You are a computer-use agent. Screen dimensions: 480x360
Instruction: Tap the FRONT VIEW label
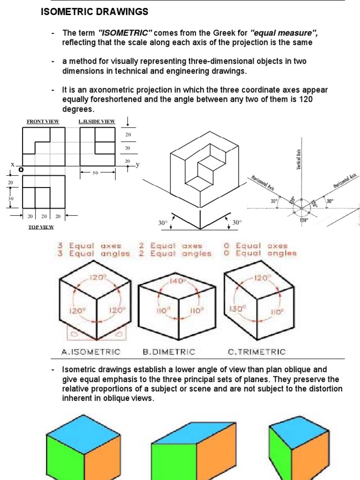pos(43,121)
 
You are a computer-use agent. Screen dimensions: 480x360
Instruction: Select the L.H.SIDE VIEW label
pos(97,121)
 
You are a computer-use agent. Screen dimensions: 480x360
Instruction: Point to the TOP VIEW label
pos(41,227)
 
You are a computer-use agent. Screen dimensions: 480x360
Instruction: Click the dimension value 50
pos(96,173)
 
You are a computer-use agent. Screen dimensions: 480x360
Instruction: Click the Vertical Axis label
pos(299,159)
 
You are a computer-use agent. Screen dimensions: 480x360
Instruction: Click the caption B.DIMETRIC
pos(169,351)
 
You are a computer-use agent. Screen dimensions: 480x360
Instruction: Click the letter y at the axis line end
pos(138,165)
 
